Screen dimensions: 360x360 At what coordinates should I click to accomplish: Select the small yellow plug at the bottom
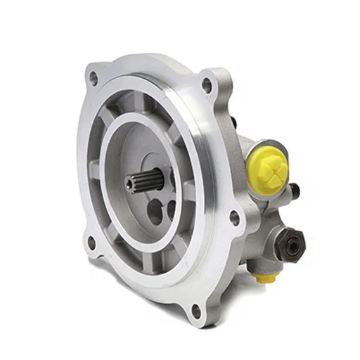point(264,278)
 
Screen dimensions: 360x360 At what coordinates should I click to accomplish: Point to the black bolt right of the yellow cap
point(293,189)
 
